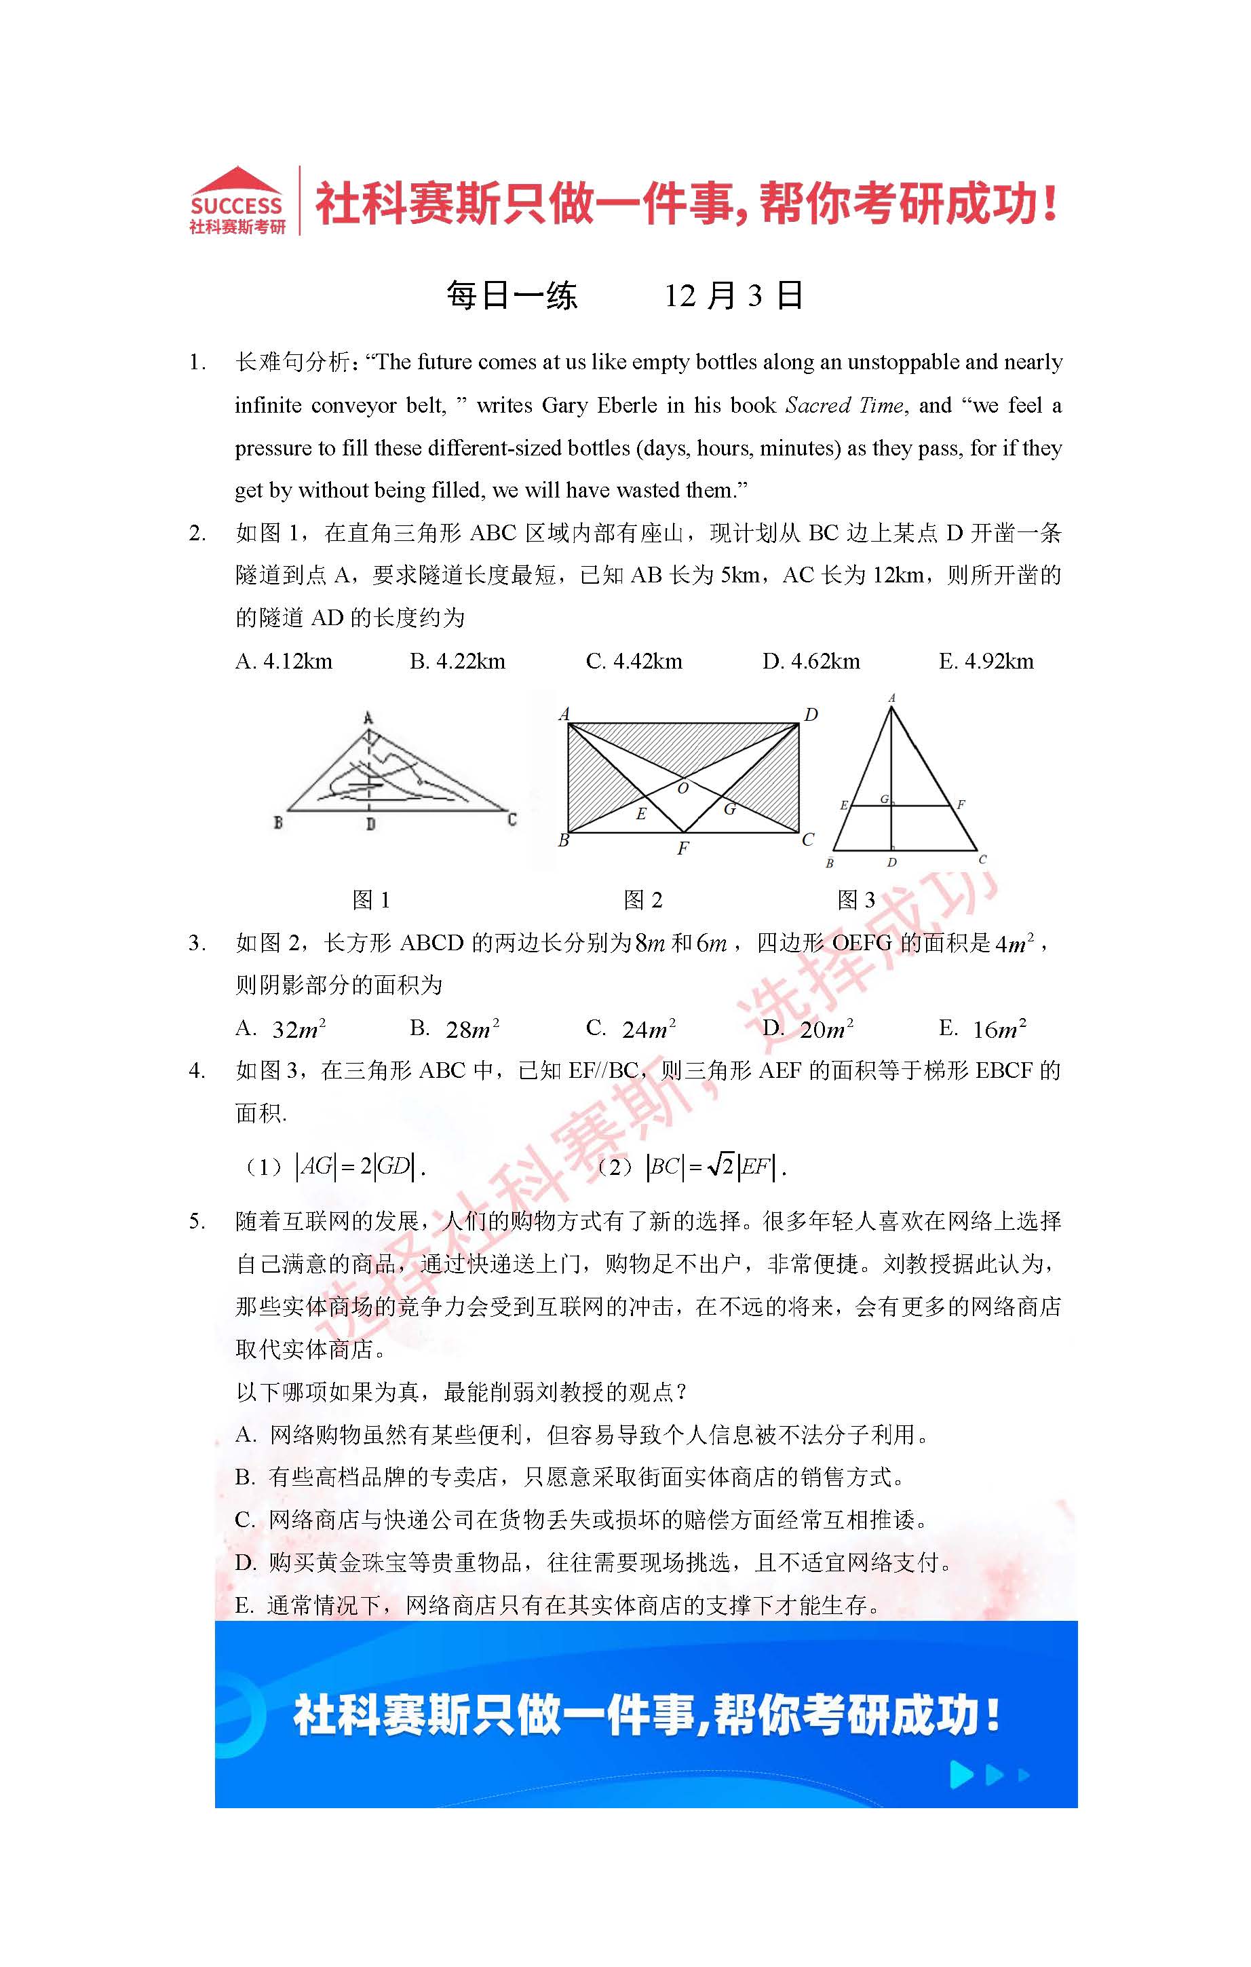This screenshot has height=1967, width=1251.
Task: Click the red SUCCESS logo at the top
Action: (x=237, y=201)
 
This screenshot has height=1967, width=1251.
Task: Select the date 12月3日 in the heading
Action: (x=733, y=296)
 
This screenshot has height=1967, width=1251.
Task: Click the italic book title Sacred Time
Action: (x=845, y=405)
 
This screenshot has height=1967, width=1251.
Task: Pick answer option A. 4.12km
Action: (x=284, y=661)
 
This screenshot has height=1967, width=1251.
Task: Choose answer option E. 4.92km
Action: (x=986, y=661)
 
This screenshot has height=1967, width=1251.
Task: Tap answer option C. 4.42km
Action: (x=634, y=661)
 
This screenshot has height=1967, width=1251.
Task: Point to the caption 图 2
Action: (x=642, y=900)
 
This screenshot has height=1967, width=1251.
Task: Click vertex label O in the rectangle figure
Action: (x=682, y=788)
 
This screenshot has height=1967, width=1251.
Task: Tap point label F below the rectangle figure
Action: (x=682, y=848)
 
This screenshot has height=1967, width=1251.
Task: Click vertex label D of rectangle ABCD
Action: (x=810, y=715)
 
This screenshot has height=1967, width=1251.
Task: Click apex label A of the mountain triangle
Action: (x=368, y=718)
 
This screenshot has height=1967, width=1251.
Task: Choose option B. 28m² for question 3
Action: (x=455, y=1028)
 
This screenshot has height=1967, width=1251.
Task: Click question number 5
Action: (x=197, y=1221)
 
